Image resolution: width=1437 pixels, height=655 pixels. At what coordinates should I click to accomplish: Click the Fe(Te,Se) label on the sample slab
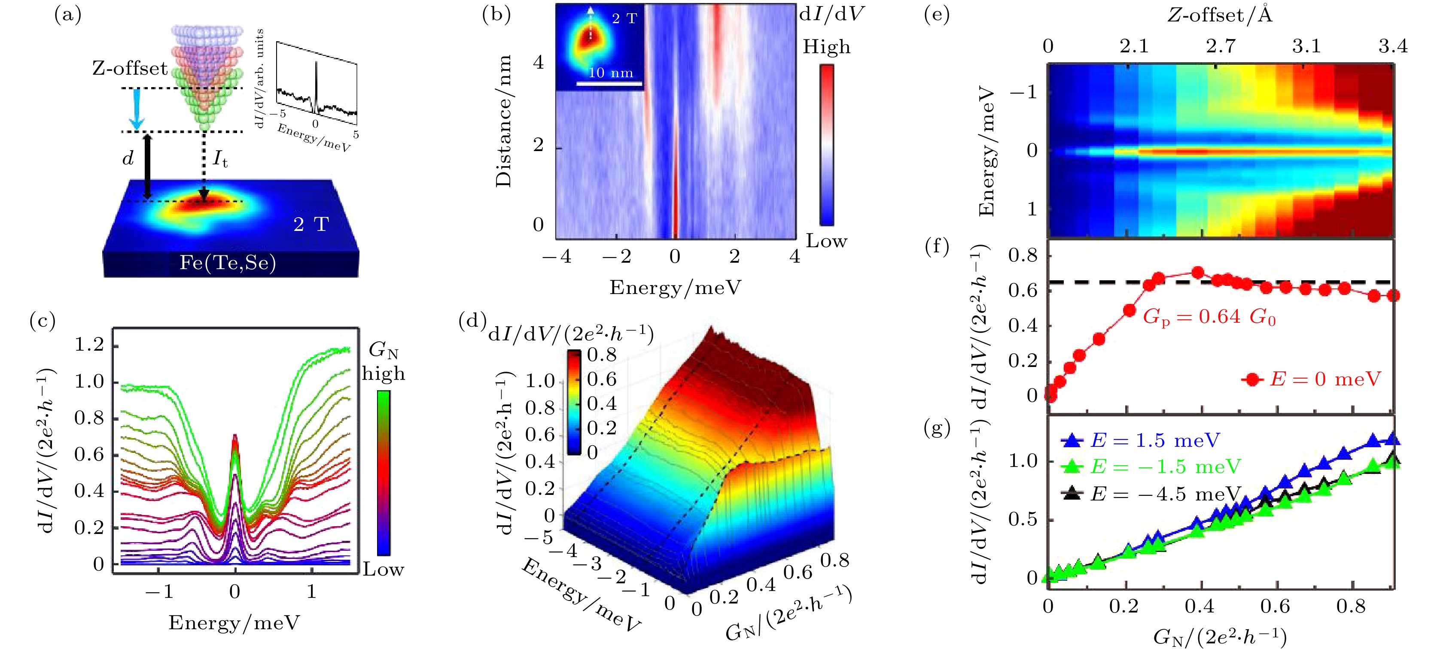point(228,263)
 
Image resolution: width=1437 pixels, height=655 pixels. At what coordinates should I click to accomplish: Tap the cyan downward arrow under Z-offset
point(136,110)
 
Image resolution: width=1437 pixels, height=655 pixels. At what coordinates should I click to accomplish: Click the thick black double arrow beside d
point(147,166)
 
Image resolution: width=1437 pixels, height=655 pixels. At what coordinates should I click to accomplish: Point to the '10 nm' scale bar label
point(611,73)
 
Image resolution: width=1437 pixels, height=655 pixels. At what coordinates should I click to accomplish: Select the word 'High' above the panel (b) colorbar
point(826,47)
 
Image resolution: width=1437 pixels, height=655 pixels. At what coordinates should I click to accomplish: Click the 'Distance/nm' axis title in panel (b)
point(504,121)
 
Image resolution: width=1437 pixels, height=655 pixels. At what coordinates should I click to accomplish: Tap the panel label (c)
point(43,321)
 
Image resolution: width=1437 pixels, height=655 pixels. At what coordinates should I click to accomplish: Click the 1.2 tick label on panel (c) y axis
point(89,345)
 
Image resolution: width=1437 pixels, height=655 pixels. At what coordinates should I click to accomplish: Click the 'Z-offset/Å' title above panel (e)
point(1220,15)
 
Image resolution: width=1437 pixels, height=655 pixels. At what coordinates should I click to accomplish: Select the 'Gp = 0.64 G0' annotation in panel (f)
point(1209,317)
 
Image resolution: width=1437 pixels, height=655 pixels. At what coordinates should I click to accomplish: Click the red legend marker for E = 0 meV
point(1253,379)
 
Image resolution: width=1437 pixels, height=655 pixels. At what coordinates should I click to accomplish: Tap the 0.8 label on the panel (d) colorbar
point(602,355)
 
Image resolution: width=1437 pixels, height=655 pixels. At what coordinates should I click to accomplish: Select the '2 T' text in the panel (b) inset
point(624,19)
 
